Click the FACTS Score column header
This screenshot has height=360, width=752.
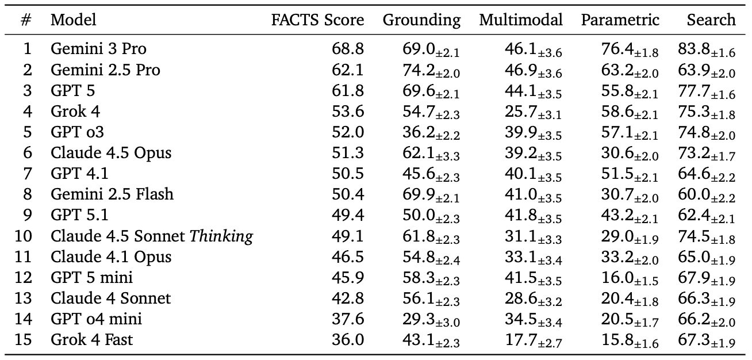pyautogui.click(x=318, y=20)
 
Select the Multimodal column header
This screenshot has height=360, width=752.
pyautogui.click(x=521, y=20)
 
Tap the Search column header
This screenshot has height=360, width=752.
pyautogui.click(x=711, y=20)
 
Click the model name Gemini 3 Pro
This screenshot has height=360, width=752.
pyautogui.click(x=90, y=49)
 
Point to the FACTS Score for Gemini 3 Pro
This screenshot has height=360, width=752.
pyautogui.click(x=348, y=49)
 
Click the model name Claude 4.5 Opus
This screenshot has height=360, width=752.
pyautogui.click(x=111, y=153)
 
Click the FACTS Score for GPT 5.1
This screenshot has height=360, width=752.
pyautogui.click(x=348, y=215)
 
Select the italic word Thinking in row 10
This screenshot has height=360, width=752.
pyautogui.click(x=222, y=236)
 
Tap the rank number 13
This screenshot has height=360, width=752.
pyautogui.click(x=25, y=298)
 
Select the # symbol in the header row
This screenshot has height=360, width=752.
pyautogui.click(x=26, y=20)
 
